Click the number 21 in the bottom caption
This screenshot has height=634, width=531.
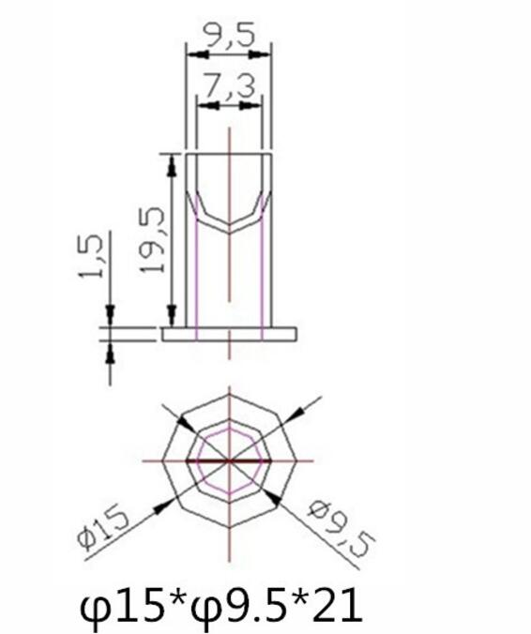(336, 606)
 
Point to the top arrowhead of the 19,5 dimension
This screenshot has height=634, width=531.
(172, 161)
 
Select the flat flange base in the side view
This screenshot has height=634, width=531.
(229, 333)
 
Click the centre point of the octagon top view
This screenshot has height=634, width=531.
(229, 461)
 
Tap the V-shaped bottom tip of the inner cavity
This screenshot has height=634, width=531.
(229, 229)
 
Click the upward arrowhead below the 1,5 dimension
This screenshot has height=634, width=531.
(110, 349)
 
